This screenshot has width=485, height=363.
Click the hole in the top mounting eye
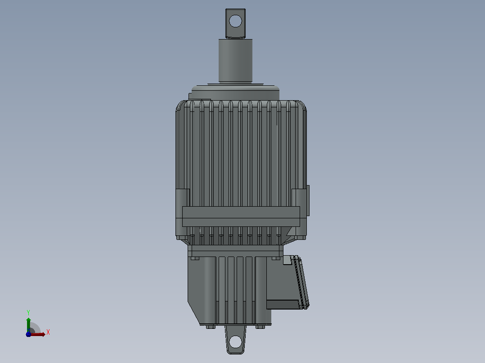[235, 21]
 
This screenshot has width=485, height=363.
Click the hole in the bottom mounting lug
[235, 342]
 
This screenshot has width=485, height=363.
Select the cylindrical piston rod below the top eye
[235, 61]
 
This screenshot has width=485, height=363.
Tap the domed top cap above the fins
[235, 93]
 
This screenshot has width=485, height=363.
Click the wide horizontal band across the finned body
[241, 217]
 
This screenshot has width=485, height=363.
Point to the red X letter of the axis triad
[48, 332]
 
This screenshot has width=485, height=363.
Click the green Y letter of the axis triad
[28, 312]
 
